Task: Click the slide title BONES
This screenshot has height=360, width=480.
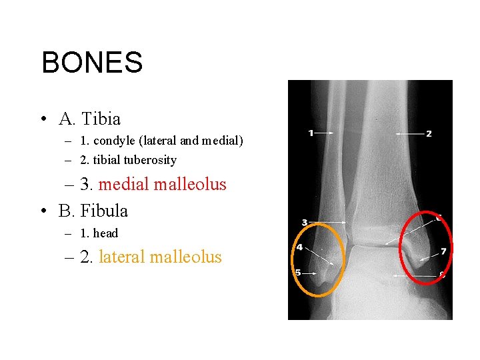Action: (92, 63)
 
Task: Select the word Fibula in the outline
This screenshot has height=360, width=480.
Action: (103, 211)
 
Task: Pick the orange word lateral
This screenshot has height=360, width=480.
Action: (122, 257)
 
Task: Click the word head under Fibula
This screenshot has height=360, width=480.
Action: (105, 233)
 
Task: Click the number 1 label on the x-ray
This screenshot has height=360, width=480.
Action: (311, 133)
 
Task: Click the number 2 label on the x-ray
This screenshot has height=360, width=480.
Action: (429, 134)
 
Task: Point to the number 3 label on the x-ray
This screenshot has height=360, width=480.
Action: (305, 222)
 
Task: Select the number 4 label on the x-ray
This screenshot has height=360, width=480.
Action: (299, 247)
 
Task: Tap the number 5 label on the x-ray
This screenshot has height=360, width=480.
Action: (297, 272)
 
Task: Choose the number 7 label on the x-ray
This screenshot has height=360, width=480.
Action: (443, 251)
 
